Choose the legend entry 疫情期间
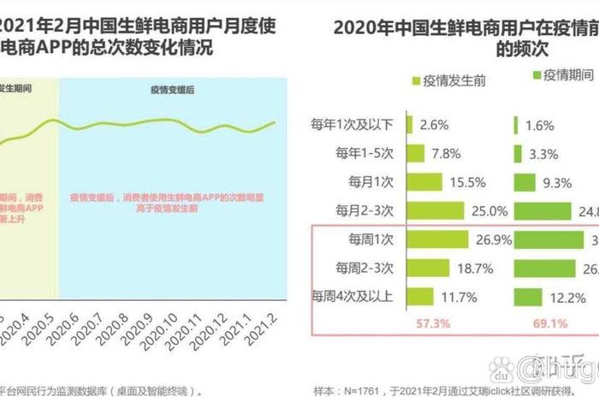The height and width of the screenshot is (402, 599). [x=561, y=76]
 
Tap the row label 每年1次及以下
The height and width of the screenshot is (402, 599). [x=353, y=125]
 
